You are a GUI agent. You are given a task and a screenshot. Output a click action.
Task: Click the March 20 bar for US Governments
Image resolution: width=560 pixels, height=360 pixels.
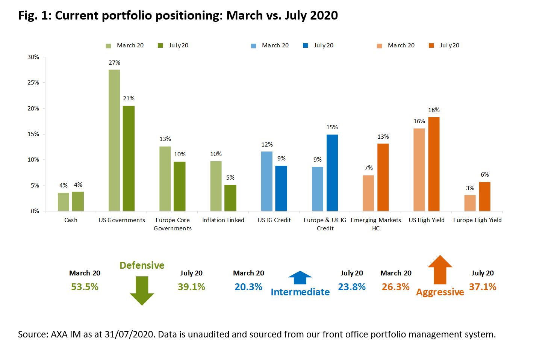click(114, 140)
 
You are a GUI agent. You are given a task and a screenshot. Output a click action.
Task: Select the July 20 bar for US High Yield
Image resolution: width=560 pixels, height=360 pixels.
click(434, 164)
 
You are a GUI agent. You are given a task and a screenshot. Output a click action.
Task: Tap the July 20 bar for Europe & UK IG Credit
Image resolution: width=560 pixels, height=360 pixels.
click(332, 172)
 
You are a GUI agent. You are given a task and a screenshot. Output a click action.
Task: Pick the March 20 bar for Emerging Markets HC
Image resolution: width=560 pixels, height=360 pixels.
click(368, 193)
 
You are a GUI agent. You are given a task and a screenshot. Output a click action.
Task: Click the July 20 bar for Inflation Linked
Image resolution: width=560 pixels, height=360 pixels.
click(230, 198)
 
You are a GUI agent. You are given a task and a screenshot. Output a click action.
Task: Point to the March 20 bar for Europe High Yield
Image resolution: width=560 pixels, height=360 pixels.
click(470, 203)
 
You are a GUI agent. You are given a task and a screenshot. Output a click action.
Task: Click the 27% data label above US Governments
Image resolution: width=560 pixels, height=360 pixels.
click(114, 63)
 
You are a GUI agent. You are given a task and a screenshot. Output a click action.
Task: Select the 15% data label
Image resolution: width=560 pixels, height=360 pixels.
click(332, 127)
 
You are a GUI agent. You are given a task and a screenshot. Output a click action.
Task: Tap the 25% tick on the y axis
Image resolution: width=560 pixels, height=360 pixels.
click(33, 83)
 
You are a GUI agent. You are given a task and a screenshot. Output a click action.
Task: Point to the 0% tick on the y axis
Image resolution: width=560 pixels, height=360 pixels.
click(35, 211)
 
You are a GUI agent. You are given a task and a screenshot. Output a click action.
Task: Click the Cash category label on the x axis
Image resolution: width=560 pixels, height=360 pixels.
click(71, 220)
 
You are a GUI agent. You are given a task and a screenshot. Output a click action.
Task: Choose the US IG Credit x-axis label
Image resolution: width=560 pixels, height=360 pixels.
click(274, 220)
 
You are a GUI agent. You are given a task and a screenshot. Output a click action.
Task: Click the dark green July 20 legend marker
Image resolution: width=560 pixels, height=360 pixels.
click(160, 46)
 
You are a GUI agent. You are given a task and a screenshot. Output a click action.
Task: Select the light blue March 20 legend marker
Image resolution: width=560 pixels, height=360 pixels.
click(254, 46)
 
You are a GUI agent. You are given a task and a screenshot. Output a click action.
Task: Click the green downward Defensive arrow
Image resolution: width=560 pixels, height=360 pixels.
click(142, 290)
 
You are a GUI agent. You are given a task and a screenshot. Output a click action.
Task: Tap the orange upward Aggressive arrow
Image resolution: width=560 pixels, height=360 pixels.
click(440, 270)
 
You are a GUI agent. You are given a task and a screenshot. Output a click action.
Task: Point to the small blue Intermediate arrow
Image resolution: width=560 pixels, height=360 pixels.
click(300, 278)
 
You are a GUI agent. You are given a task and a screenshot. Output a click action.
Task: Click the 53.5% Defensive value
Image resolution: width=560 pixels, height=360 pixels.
click(85, 287)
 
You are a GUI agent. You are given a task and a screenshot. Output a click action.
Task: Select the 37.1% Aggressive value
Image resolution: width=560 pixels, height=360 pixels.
click(483, 287)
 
